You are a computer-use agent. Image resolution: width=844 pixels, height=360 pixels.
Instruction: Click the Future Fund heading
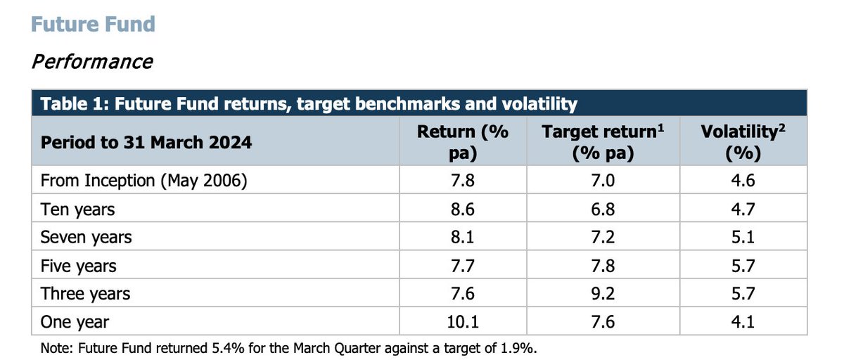coord(93,24)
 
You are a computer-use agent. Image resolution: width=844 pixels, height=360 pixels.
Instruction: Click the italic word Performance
coord(92,61)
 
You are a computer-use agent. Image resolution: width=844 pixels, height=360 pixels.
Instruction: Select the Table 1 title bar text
coord(309,104)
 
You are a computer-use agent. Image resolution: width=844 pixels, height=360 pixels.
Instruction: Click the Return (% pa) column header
coord(462,142)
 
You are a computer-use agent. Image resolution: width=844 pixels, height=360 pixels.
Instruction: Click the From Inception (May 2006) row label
coord(144,180)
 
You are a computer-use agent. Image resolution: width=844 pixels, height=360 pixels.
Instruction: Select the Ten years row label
coord(77,209)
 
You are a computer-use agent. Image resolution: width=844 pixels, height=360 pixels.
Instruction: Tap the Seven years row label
coord(86,237)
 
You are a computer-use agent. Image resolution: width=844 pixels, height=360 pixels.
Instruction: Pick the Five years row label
coord(79,266)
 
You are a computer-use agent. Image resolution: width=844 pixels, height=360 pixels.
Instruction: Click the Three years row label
coord(85,294)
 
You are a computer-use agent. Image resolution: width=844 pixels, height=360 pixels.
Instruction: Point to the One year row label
coord(75,322)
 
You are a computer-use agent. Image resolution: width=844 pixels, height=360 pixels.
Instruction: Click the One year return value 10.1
coord(462,322)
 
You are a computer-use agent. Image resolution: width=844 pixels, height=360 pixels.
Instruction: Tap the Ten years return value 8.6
coord(462,209)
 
